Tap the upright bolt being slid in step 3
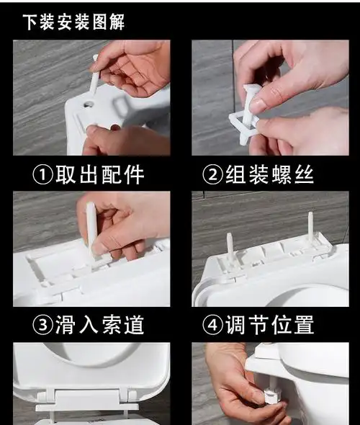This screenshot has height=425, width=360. coord(91,227)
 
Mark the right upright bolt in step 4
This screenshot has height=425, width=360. coord(310,227)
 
